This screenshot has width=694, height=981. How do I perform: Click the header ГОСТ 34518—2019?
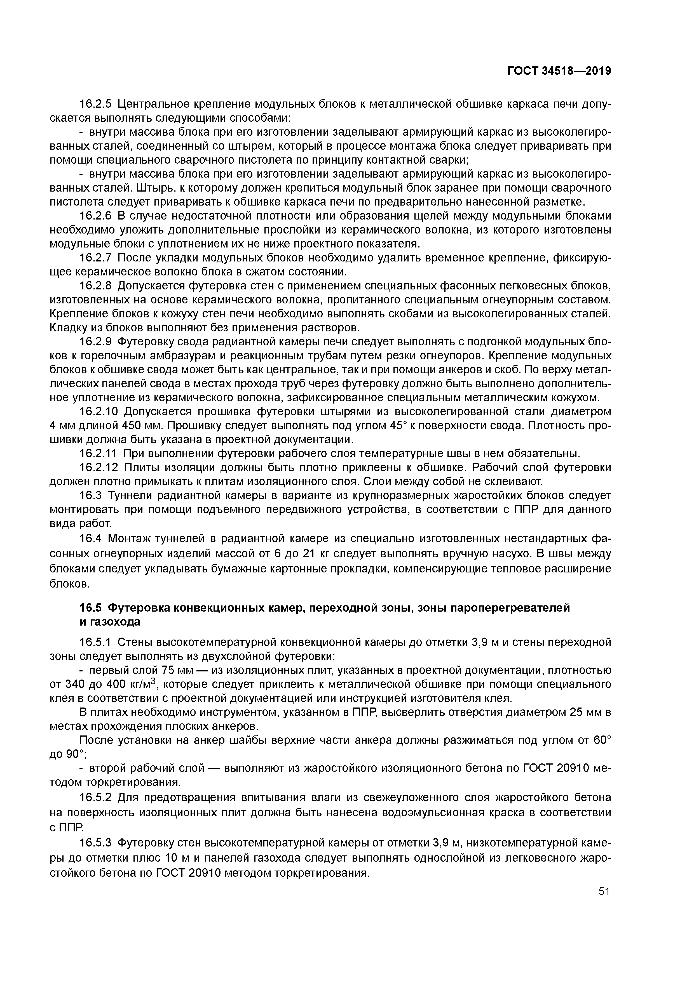tap(559, 71)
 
